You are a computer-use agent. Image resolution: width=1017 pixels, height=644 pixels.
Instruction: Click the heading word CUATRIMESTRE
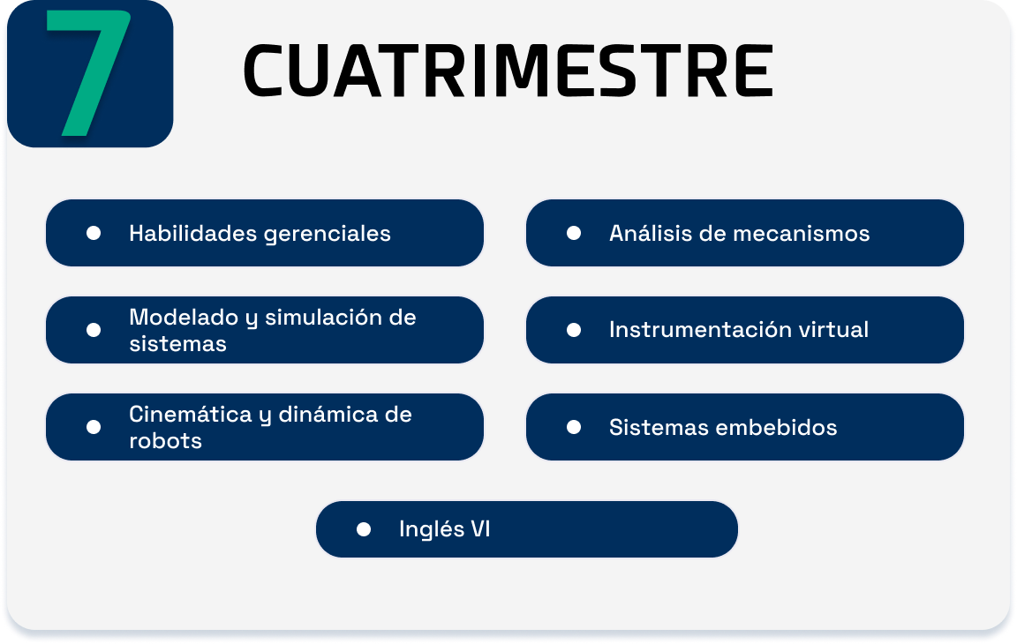pyautogui.click(x=508, y=71)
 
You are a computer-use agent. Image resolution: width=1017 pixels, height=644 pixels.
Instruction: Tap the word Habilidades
pyautogui.click(x=193, y=233)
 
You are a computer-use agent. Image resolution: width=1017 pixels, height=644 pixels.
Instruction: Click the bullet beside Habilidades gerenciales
pyautogui.click(x=94, y=233)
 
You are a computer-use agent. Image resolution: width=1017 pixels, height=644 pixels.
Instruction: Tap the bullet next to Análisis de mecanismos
pyautogui.click(x=573, y=233)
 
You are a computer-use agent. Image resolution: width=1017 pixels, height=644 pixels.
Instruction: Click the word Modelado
pyautogui.click(x=184, y=317)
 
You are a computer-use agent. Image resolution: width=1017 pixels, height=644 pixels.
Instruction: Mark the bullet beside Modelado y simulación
pyautogui.click(x=94, y=331)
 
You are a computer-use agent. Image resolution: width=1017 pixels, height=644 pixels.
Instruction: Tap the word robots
pyautogui.click(x=165, y=440)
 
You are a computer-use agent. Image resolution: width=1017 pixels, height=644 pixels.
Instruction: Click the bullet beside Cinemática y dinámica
pyautogui.click(x=94, y=427)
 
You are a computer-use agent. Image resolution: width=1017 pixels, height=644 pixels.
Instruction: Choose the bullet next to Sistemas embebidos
pyautogui.click(x=573, y=427)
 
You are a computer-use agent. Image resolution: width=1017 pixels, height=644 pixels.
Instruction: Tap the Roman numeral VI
pyautogui.click(x=480, y=528)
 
